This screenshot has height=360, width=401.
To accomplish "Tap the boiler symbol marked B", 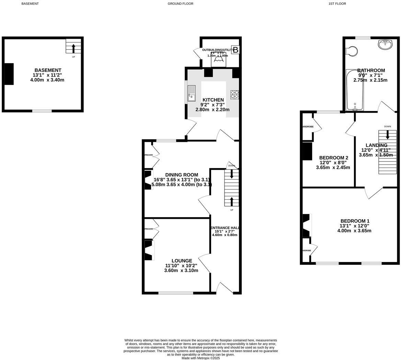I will coord(236,50).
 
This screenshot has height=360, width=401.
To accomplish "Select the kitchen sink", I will coord(191,93).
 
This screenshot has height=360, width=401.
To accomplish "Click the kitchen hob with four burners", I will coord(234,94).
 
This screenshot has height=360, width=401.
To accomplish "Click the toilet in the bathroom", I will coord(352,51).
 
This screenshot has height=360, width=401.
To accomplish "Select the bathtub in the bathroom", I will coord(355,90).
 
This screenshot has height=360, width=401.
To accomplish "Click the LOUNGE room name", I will coord(182,261).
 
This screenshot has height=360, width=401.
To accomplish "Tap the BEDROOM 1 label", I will coord(355,221).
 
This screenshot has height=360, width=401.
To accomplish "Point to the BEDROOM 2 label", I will coord(333,158).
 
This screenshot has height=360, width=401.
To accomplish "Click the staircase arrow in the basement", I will coord(73,48).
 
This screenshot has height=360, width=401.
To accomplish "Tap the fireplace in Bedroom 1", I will coord(307,225).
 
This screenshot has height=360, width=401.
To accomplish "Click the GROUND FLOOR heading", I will coord(180,4).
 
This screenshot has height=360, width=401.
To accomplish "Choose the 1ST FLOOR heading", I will coord(337,4).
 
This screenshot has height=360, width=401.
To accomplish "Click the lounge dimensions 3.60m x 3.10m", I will coord(181,270).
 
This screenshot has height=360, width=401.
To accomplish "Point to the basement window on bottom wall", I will coord(42,111).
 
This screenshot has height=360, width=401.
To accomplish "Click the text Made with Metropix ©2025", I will coord(200,358).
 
